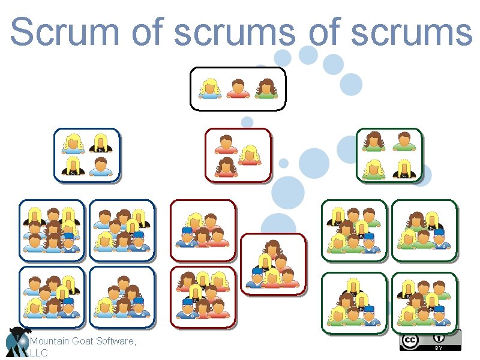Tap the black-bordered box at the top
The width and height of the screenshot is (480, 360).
point(238,89)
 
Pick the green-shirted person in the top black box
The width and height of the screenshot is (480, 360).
point(265,88)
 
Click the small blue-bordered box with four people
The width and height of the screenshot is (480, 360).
point(87,155)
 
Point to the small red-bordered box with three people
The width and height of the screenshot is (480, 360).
point(238,155)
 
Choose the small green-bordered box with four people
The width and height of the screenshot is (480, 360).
point(389,155)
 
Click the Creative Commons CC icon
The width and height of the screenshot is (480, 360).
point(409,341)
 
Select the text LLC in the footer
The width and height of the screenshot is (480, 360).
point(38,353)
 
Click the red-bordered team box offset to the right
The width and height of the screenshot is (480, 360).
point(273,264)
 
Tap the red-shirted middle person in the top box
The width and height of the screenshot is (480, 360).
point(238,88)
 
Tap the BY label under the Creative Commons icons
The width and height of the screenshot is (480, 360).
point(438,348)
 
